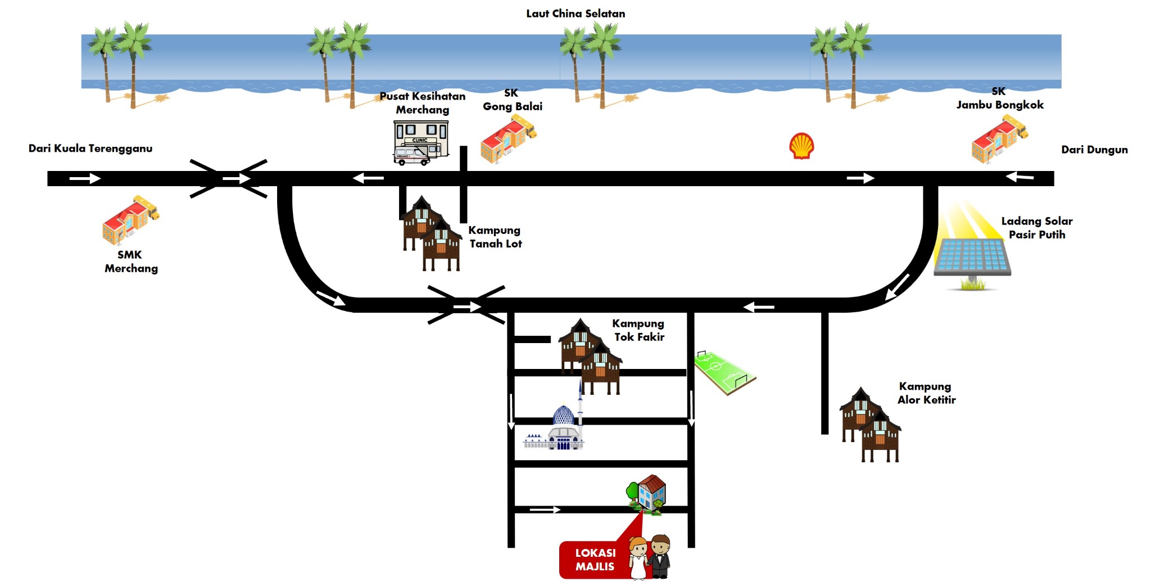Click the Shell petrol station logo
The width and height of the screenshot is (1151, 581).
coord(801,146)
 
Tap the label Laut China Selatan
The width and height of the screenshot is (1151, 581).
coord(575,13)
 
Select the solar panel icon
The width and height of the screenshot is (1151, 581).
coord(972,258)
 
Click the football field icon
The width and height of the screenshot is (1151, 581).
coord(724,372)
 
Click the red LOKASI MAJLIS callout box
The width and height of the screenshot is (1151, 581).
coord(594,560)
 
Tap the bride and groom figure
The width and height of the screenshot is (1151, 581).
coord(650,557)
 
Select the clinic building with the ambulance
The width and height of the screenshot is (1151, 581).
coord(420,143)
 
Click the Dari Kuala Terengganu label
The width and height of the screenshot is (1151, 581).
coord(90,148)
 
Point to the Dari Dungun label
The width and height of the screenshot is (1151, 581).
coord(1094,150)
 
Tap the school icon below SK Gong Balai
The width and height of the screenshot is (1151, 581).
coord(508,139)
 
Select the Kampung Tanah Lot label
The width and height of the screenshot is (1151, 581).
coord(495,237)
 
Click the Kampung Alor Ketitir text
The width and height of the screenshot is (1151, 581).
coord(926,393)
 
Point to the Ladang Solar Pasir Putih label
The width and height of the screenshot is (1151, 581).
coord(1037,228)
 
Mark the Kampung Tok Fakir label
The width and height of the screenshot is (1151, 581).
coord(638,330)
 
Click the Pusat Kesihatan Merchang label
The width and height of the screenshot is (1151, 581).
coord(423,103)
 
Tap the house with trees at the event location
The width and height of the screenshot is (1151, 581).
coord(647,493)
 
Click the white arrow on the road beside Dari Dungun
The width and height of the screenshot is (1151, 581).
coord(1019,177)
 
